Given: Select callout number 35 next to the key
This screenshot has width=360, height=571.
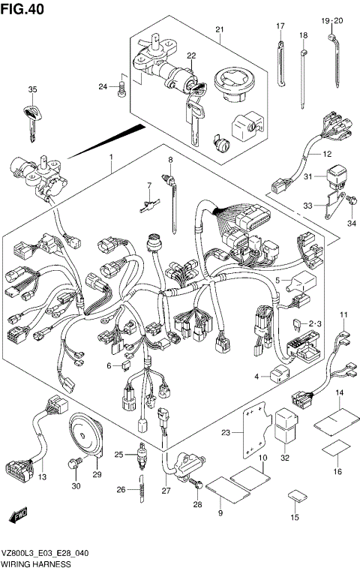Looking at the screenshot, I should tap(31, 90).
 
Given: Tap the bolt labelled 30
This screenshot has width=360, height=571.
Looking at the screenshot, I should tap(74, 466).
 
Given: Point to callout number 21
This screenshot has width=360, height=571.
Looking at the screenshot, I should tap(219, 29).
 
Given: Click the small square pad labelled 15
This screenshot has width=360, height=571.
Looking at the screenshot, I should tap(295, 497).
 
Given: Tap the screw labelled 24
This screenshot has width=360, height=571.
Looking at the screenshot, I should tap(121, 89).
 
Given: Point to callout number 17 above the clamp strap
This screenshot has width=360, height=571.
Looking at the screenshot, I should tap(280, 26).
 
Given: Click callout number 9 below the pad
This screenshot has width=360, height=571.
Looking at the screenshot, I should tap(220, 512).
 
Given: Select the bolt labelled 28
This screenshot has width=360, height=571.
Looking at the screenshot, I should tap(194, 487).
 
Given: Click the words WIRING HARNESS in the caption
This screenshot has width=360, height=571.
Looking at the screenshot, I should tap(37, 563).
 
